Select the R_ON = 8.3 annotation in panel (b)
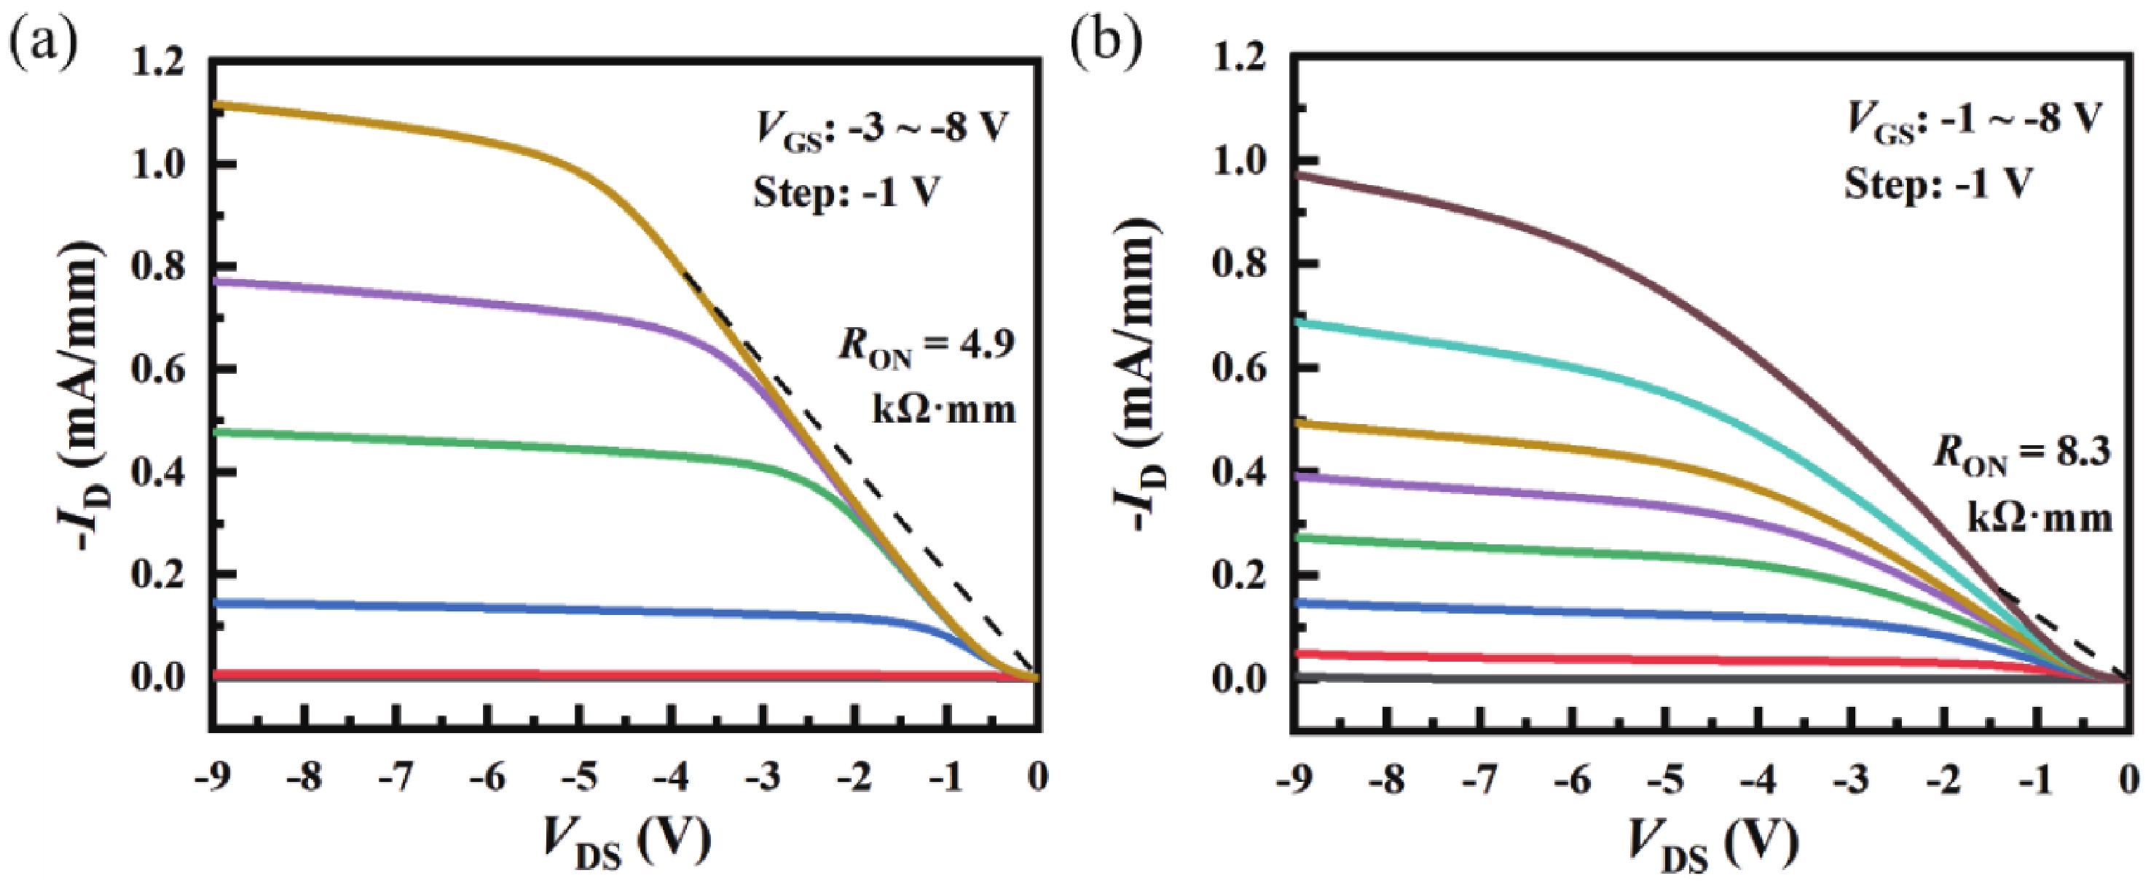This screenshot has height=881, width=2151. click(2021, 455)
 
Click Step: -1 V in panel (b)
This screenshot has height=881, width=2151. click(1938, 184)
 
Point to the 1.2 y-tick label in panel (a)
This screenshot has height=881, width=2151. click(158, 63)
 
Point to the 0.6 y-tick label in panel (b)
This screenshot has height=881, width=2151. click(1238, 367)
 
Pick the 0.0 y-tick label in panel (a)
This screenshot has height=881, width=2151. click(158, 677)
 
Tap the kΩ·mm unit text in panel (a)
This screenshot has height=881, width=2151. click(943, 410)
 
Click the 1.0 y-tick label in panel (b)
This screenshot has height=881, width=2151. click(1238, 161)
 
